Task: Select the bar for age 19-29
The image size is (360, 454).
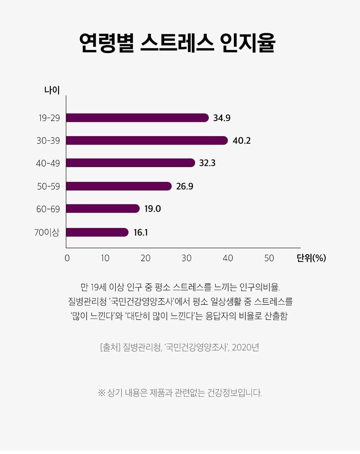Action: click(x=137, y=118)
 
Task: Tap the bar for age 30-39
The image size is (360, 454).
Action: click(x=147, y=140)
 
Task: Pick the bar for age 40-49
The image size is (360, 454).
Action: click(x=131, y=163)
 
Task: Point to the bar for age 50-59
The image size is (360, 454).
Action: click(x=119, y=186)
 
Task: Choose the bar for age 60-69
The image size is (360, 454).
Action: click(x=103, y=209)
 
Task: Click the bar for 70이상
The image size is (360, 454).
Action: click(x=97, y=232)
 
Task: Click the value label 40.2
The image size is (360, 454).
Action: click(x=242, y=140)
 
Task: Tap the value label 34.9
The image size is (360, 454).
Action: click(x=222, y=118)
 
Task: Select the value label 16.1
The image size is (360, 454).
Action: click(x=141, y=232)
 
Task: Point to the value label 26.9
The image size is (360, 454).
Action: click(x=185, y=186)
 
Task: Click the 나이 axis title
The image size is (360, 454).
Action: click(x=52, y=90)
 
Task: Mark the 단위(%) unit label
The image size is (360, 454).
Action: click(x=311, y=258)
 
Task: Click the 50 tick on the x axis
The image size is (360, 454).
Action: click(x=269, y=258)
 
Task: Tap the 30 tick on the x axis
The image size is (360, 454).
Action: click(x=187, y=258)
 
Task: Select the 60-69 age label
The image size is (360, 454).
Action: click(x=48, y=209)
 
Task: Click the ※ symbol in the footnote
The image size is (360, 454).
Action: click(x=101, y=393)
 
